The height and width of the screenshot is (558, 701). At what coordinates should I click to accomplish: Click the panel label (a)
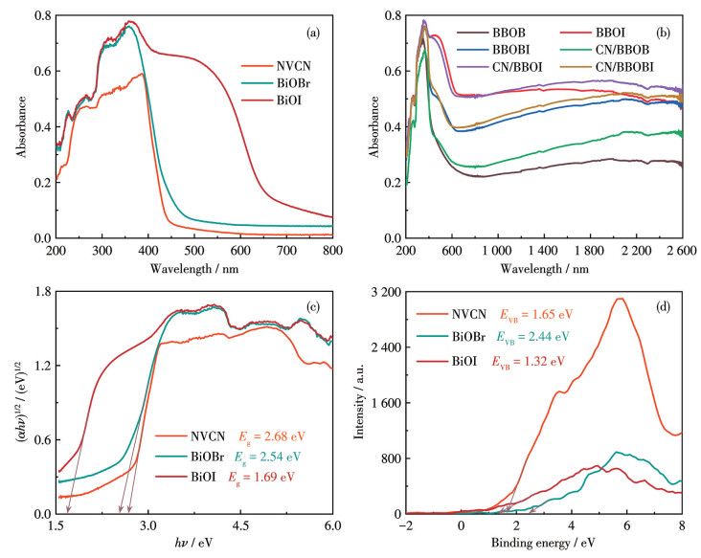coord(313,33)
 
